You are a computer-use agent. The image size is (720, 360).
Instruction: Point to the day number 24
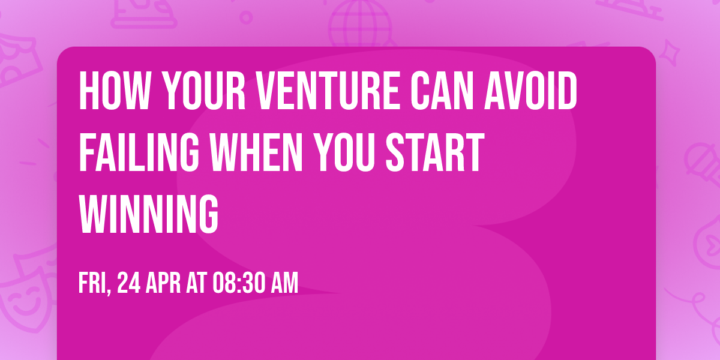pyautogui.click(x=130, y=283)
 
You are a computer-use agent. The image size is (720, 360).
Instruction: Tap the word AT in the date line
pyautogui.click(x=197, y=283)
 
